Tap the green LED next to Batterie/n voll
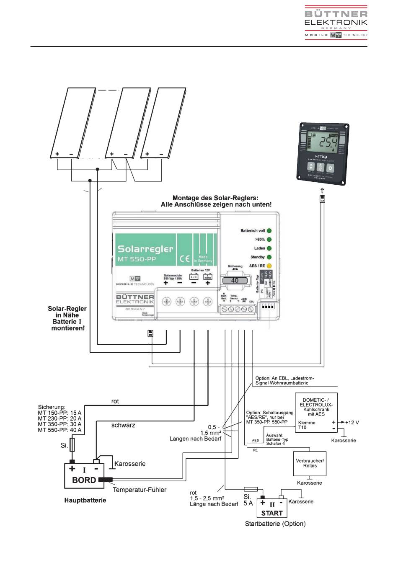coord(269,231)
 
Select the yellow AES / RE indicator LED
coord(269,266)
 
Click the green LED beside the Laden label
coord(269,248)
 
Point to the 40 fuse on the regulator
coord(235,280)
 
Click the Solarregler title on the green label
coord(145,249)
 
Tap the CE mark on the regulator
coord(184,258)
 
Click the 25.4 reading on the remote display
coord(327,143)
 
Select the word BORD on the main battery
coord(84,480)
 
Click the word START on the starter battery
coord(272,513)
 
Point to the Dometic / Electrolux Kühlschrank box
coord(316,413)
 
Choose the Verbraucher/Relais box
coord(310,463)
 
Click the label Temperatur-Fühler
coord(140,490)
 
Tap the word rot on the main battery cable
coord(115,401)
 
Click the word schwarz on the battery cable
coord(123,425)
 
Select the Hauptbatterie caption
coord(85,500)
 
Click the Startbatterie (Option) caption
coord(275,524)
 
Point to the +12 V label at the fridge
coord(352,422)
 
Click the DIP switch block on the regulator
coord(267,306)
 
